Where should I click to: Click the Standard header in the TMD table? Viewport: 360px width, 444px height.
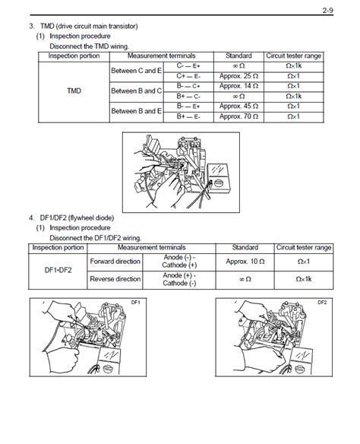point(238,56)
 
